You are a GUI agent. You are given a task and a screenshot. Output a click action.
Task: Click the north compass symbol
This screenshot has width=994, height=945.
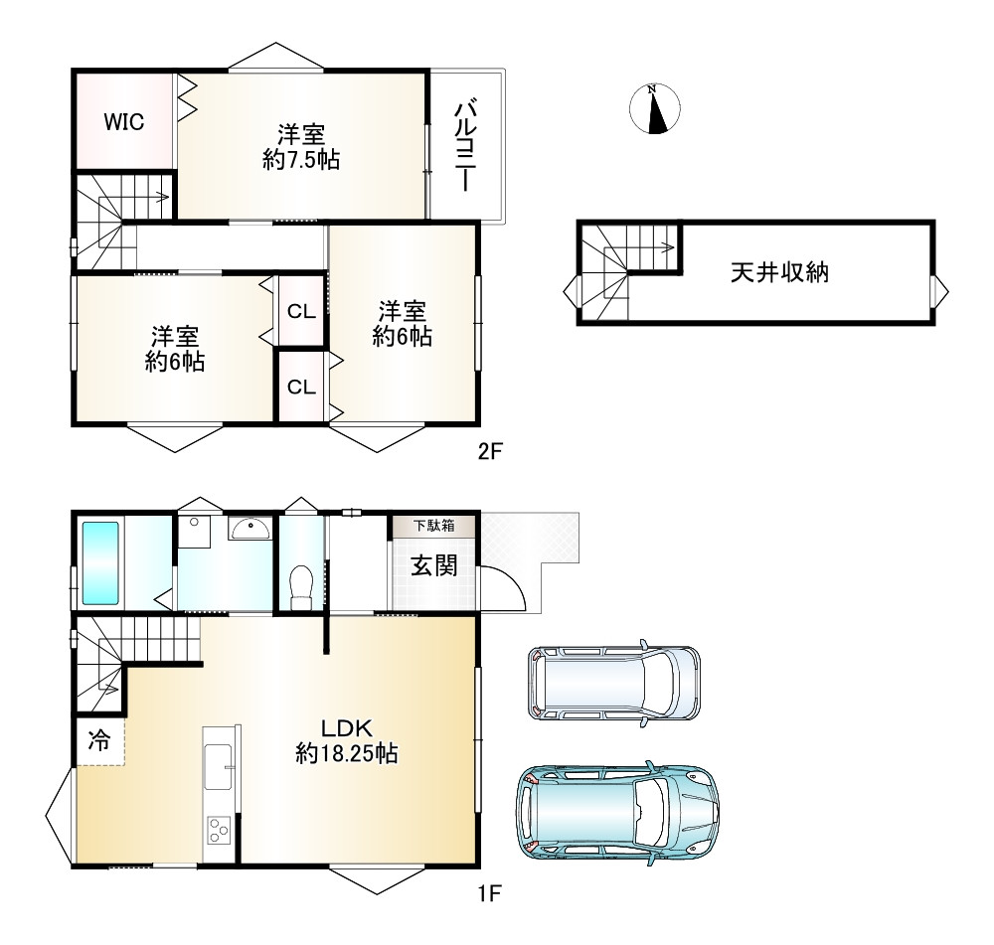pyautogui.click(x=655, y=108)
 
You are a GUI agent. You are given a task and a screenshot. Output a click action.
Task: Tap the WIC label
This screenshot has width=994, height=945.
pyautogui.click(x=123, y=121)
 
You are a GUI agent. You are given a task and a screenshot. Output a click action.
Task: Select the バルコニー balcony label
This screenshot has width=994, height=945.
pyautogui.click(x=466, y=144)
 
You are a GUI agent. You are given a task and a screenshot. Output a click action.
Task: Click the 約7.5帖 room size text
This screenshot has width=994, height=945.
pyautogui.click(x=301, y=160)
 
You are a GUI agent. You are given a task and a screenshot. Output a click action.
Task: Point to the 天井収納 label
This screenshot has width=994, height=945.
pyautogui.click(x=779, y=272)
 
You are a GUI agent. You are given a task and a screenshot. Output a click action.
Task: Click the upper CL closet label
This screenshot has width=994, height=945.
pyautogui.click(x=301, y=311)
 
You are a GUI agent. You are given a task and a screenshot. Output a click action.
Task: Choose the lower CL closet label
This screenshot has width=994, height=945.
pyautogui.click(x=301, y=387)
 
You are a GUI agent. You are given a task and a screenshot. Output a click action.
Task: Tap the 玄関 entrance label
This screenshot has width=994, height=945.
pyautogui.click(x=434, y=565)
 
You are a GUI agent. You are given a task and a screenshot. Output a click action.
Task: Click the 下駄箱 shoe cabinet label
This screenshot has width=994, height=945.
pyautogui.click(x=434, y=526)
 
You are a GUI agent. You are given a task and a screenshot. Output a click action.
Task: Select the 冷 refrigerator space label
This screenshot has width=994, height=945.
pyautogui.click(x=98, y=739)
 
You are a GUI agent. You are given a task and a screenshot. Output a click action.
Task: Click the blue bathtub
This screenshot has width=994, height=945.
pyautogui.click(x=100, y=563)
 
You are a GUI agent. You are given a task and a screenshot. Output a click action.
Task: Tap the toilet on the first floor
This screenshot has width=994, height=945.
pyautogui.click(x=301, y=587)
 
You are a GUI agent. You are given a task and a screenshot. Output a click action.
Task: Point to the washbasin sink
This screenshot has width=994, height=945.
pyautogui.click(x=251, y=529)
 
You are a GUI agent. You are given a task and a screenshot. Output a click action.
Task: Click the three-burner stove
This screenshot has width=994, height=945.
pyautogui.click(x=219, y=830)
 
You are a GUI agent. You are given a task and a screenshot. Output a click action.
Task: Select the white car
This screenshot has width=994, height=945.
pyautogui.click(x=614, y=683)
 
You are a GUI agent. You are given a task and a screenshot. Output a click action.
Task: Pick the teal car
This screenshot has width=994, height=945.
pyautogui.click(x=617, y=813)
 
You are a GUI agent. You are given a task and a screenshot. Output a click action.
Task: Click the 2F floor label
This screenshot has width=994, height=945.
pyautogui.click(x=489, y=451)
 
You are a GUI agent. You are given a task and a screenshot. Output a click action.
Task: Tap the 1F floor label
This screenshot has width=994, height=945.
pyautogui.click(x=489, y=893)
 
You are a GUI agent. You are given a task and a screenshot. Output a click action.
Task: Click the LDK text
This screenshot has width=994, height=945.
pyautogui.click(x=346, y=727)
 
